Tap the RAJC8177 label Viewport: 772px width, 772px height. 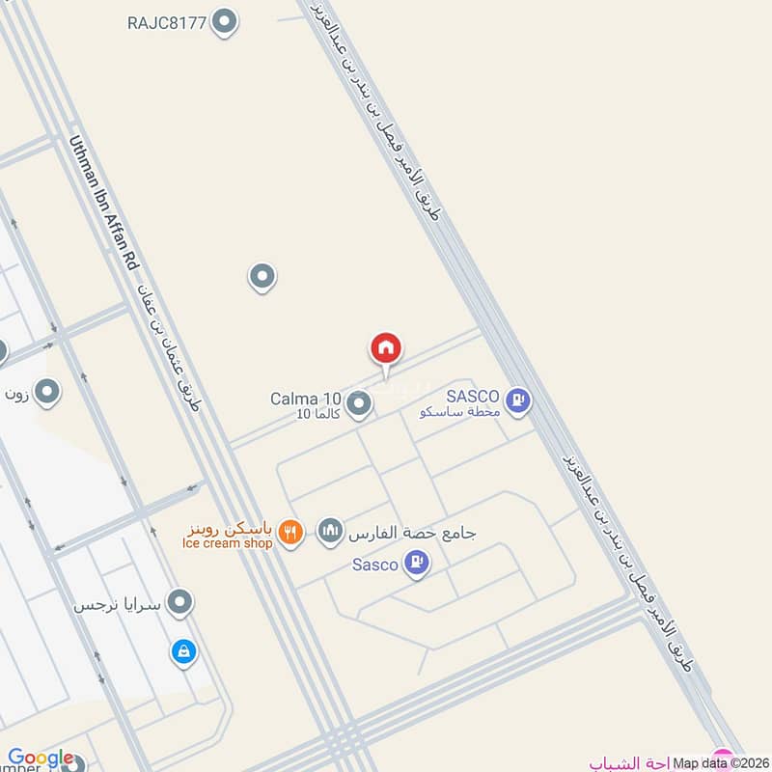[x=167, y=22]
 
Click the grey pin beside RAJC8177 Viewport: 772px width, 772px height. [x=225, y=21]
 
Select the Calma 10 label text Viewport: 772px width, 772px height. [x=305, y=399]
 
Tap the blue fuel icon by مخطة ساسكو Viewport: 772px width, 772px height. [x=518, y=400]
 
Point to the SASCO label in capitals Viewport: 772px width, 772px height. [x=472, y=397]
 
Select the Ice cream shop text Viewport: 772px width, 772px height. [x=227, y=543]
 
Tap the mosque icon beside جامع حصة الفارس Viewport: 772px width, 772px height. [x=330, y=531]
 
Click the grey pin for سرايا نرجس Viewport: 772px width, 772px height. [x=179, y=604]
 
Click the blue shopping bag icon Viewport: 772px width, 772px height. [x=182, y=652]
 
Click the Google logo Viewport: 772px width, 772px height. [x=41, y=758]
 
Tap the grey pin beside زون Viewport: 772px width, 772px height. [x=47, y=393]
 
